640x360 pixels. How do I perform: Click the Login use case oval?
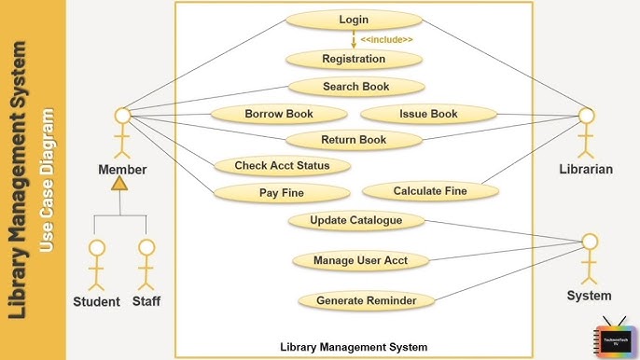pos(354,20)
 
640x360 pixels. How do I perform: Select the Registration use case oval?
pos(354,59)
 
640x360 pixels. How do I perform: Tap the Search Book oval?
pos(355,87)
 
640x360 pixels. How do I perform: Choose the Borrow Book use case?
pos(278,114)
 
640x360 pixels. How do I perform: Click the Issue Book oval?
pos(428,114)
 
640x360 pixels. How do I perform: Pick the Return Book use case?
pos(353,140)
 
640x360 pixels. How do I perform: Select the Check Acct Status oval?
pos(281,166)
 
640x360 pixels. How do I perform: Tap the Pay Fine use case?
pos(281,194)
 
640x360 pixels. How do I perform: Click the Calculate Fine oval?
pos(429,191)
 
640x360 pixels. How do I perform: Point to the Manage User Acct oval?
pos(359,260)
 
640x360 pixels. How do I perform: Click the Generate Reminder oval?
pos(366,300)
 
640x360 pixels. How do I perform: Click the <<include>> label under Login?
pos(386,40)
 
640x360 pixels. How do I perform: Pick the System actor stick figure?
pos(589,259)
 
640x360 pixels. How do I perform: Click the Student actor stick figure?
pos(96,265)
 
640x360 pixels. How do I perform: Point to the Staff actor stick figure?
pos(146,265)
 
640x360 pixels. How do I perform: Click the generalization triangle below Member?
pos(118,184)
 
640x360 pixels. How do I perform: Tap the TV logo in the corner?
pos(613,338)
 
